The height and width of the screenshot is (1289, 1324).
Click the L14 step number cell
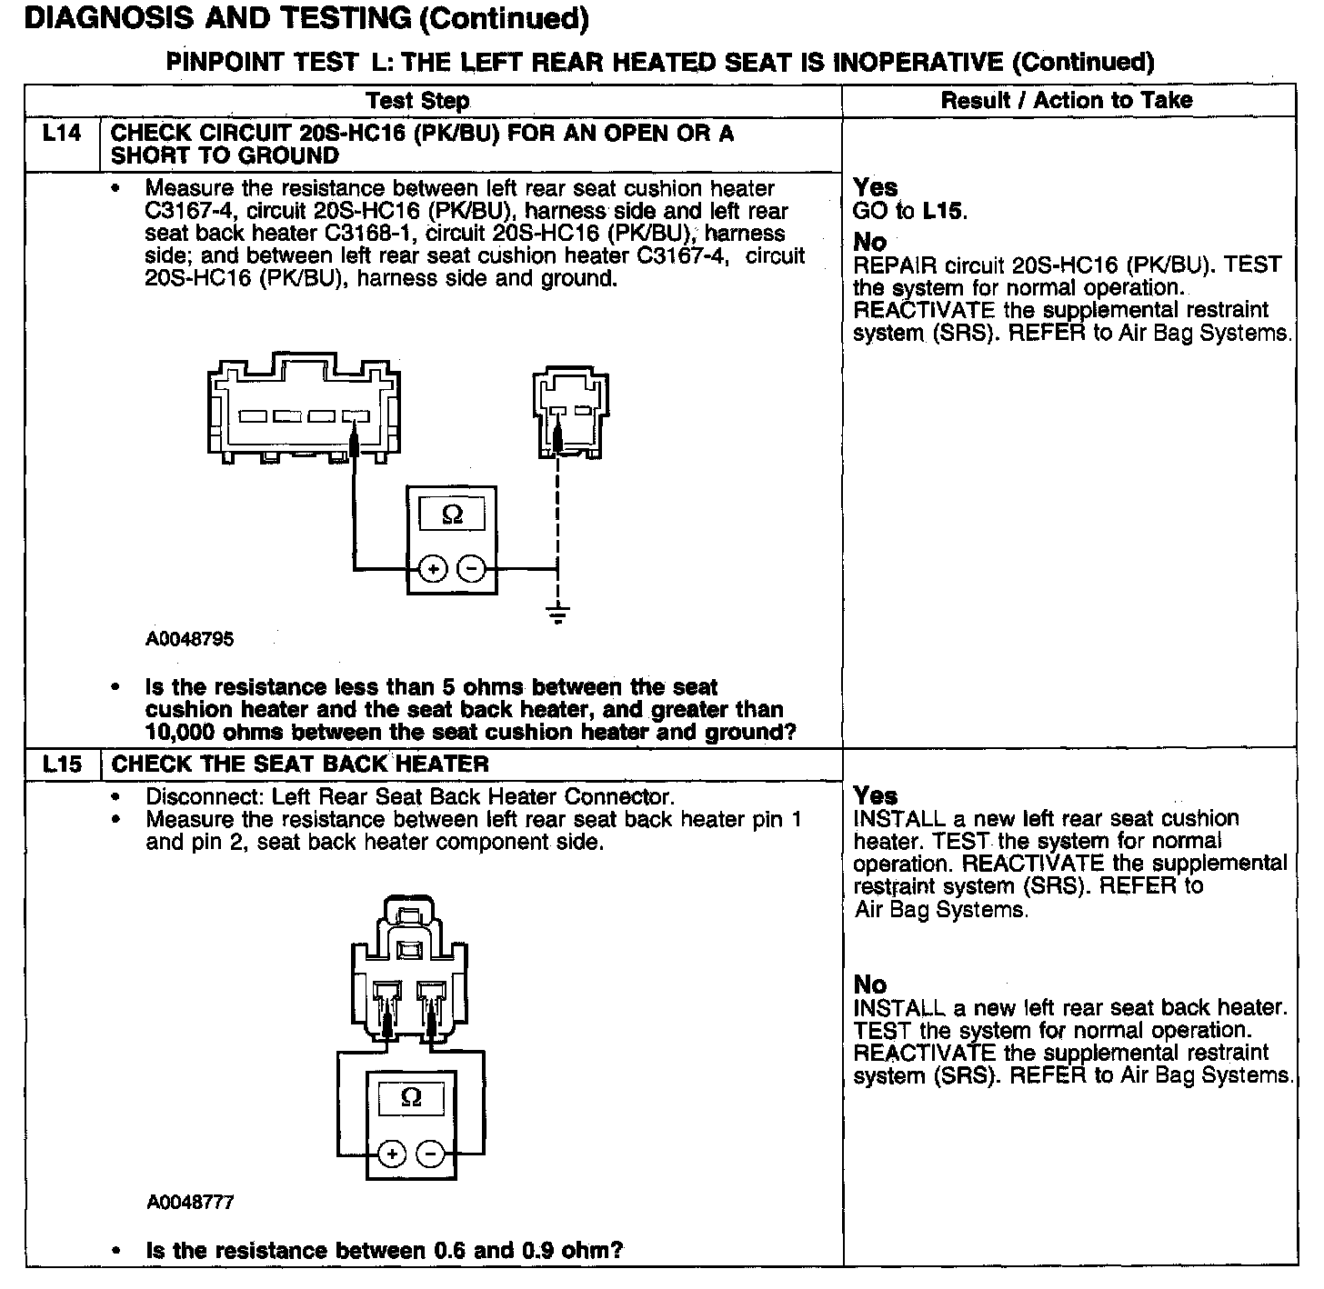[62, 134]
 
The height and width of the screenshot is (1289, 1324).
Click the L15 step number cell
[62, 764]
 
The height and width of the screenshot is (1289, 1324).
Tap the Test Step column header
[417, 101]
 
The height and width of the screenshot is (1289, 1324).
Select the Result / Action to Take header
[1067, 101]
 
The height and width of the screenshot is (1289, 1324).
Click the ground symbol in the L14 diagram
[558, 614]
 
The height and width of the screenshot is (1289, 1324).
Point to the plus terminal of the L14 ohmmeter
[433, 570]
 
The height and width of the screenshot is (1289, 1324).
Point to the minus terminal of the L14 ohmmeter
[471, 570]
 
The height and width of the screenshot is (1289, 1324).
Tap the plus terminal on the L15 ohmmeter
[392, 1154]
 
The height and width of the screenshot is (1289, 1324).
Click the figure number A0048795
[189, 639]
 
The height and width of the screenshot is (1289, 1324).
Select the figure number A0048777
[190, 1203]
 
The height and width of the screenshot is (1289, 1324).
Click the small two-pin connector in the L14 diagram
[570, 412]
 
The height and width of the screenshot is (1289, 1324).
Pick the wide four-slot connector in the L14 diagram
[305, 412]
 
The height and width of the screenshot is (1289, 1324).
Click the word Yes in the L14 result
[876, 187]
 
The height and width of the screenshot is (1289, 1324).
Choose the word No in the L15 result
[870, 984]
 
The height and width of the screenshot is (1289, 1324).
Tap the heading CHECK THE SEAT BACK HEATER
[300, 764]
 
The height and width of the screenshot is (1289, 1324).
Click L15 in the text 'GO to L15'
[943, 211]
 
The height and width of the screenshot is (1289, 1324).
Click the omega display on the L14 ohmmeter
[452, 515]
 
